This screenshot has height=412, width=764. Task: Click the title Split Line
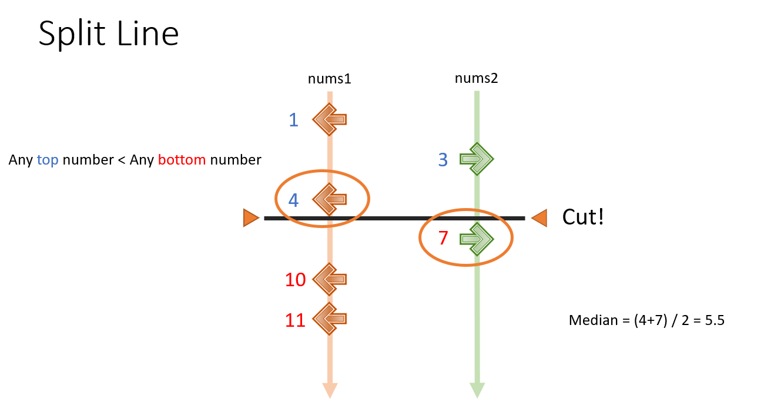click(x=109, y=34)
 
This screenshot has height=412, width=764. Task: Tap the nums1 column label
click(x=329, y=79)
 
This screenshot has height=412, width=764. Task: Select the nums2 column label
click(x=476, y=79)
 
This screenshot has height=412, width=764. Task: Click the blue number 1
click(x=293, y=120)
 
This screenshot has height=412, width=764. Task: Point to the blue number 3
click(x=444, y=159)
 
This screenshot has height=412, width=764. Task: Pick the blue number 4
click(x=293, y=200)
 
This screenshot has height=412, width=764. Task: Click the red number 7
click(x=444, y=239)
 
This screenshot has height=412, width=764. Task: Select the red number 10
click(x=295, y=280)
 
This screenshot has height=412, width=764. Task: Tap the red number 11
click(x=295, y=320)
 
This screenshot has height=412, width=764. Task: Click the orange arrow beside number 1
click(x=330, y=120)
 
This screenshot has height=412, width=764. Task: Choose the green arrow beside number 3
click(x=477, y=159)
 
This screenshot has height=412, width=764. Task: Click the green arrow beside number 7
click(x=477, y=239)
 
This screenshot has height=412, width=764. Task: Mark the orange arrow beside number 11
click(x=330, y=319)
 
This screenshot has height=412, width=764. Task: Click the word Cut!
click(x=583, y=217)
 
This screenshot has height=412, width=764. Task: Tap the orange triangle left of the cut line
click(x=252, y=218)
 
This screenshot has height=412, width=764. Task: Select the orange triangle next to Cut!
click(x=539, y=218)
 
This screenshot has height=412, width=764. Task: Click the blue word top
click(x=48, y=159)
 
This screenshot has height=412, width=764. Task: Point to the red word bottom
click(x=182, y=159)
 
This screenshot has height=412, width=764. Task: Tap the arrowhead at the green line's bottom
click(x=477, y=390)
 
